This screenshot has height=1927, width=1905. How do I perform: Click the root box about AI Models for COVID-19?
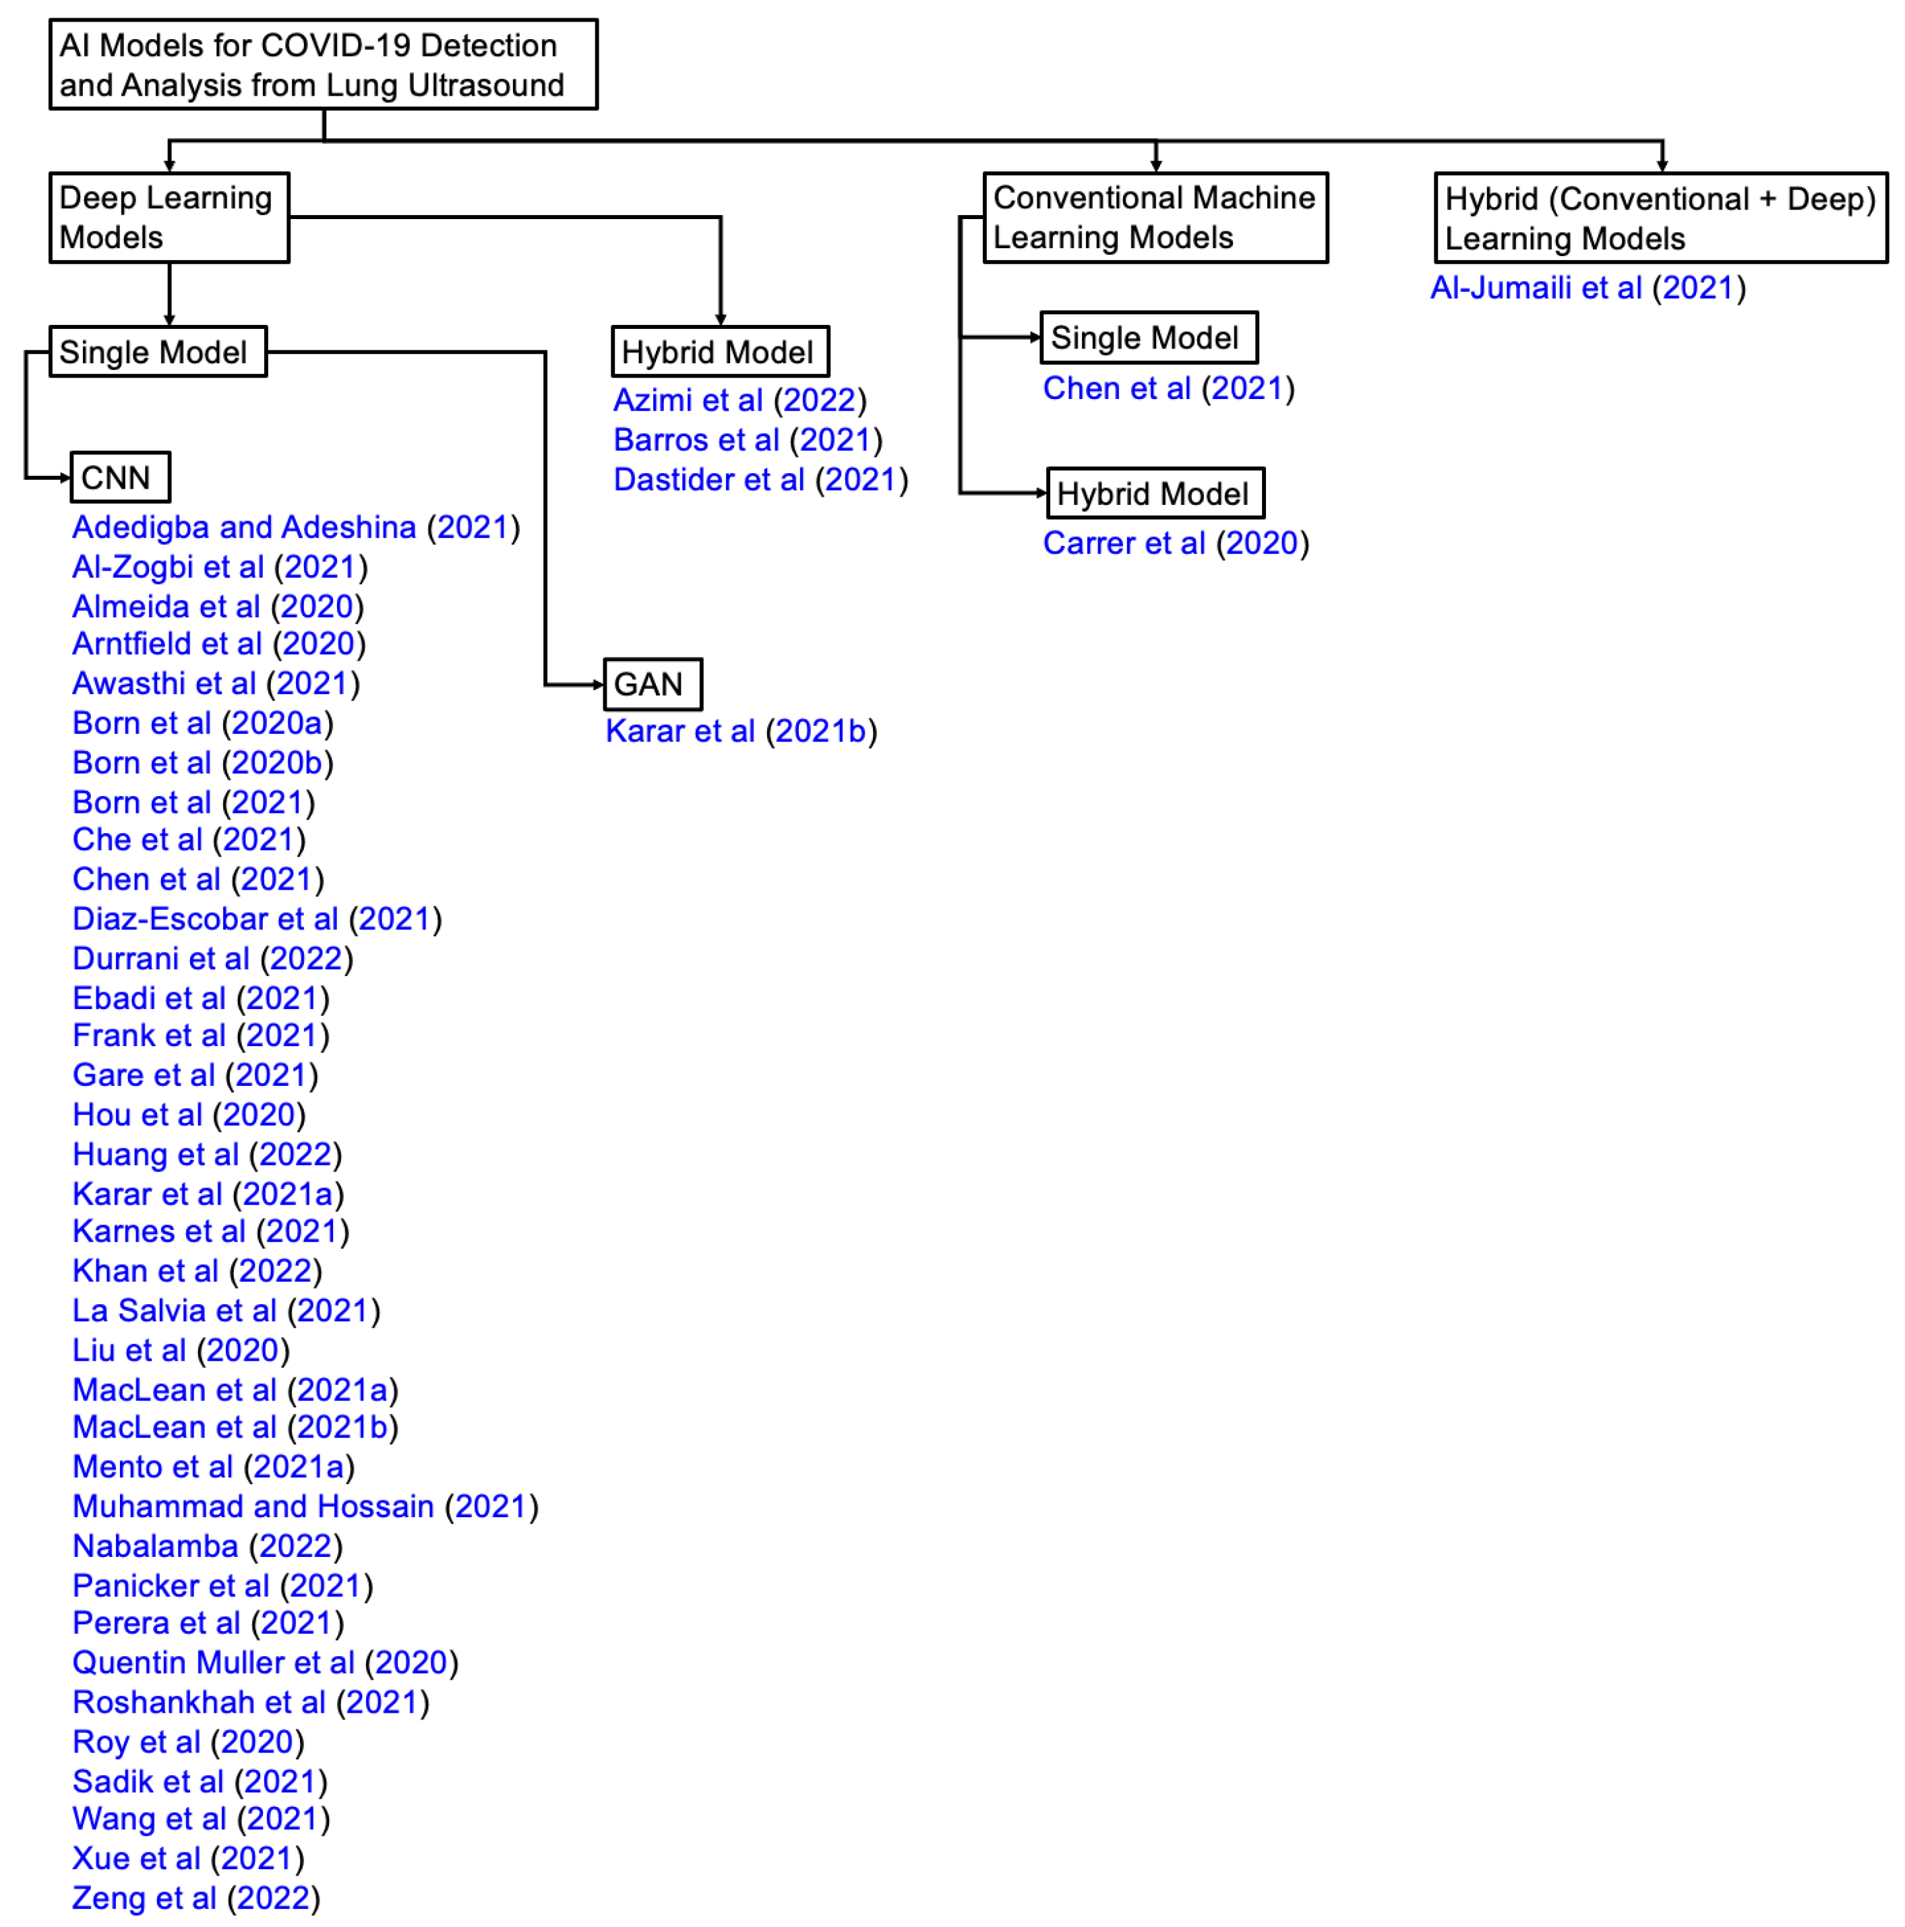[323, 65]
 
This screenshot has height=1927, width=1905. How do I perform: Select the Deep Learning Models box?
[170, 218]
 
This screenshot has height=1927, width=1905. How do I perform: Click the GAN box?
[653, 684]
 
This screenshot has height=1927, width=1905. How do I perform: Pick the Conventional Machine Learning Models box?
[1155, 218]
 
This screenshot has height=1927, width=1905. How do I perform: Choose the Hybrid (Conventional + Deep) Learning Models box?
[1660, 218]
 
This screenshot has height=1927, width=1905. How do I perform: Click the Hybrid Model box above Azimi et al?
[719, 352]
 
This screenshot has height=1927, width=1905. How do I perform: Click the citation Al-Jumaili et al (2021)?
[1587, 288]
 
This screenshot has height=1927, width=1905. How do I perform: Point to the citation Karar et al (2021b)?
[741, 731]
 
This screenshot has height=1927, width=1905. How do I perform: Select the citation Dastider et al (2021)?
[760, 480]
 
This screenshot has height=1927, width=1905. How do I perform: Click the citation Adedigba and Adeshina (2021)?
[296, 526]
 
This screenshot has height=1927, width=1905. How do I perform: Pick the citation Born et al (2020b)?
[202, 763]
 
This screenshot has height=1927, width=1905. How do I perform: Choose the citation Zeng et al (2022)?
[196, 1898]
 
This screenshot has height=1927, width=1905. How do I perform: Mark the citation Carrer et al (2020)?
[1176, 543]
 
